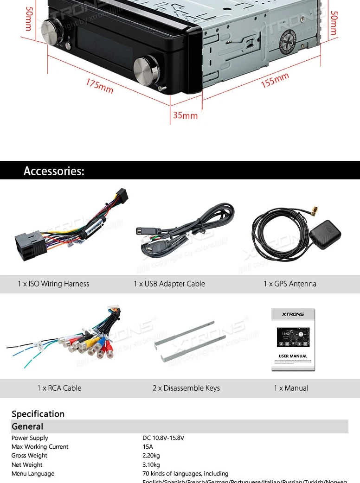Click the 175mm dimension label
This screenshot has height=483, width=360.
tap(99, 86)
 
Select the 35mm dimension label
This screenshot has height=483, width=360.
tap(185, 115)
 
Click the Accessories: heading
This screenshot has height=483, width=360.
tap(54, 171)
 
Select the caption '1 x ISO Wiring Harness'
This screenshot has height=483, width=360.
tap(53, 284)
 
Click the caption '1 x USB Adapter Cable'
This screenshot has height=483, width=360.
tap(169, 284)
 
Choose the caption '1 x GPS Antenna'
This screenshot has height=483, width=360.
tap(290, 284)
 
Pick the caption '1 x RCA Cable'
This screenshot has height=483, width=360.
tap(59, 388)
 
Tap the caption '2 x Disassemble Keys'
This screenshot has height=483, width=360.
tap(186, 388)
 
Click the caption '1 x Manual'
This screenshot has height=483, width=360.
tap(291, 388)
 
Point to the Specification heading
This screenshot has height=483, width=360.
tap(38, 414)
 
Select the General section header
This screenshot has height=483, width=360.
tap(27, 426)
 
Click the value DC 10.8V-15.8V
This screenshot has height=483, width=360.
tap(163, 438)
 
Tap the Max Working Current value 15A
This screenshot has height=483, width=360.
tap(148, 447)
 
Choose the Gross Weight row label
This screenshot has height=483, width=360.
tap(29, 456)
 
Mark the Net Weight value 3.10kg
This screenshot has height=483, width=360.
tap(151, 465)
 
